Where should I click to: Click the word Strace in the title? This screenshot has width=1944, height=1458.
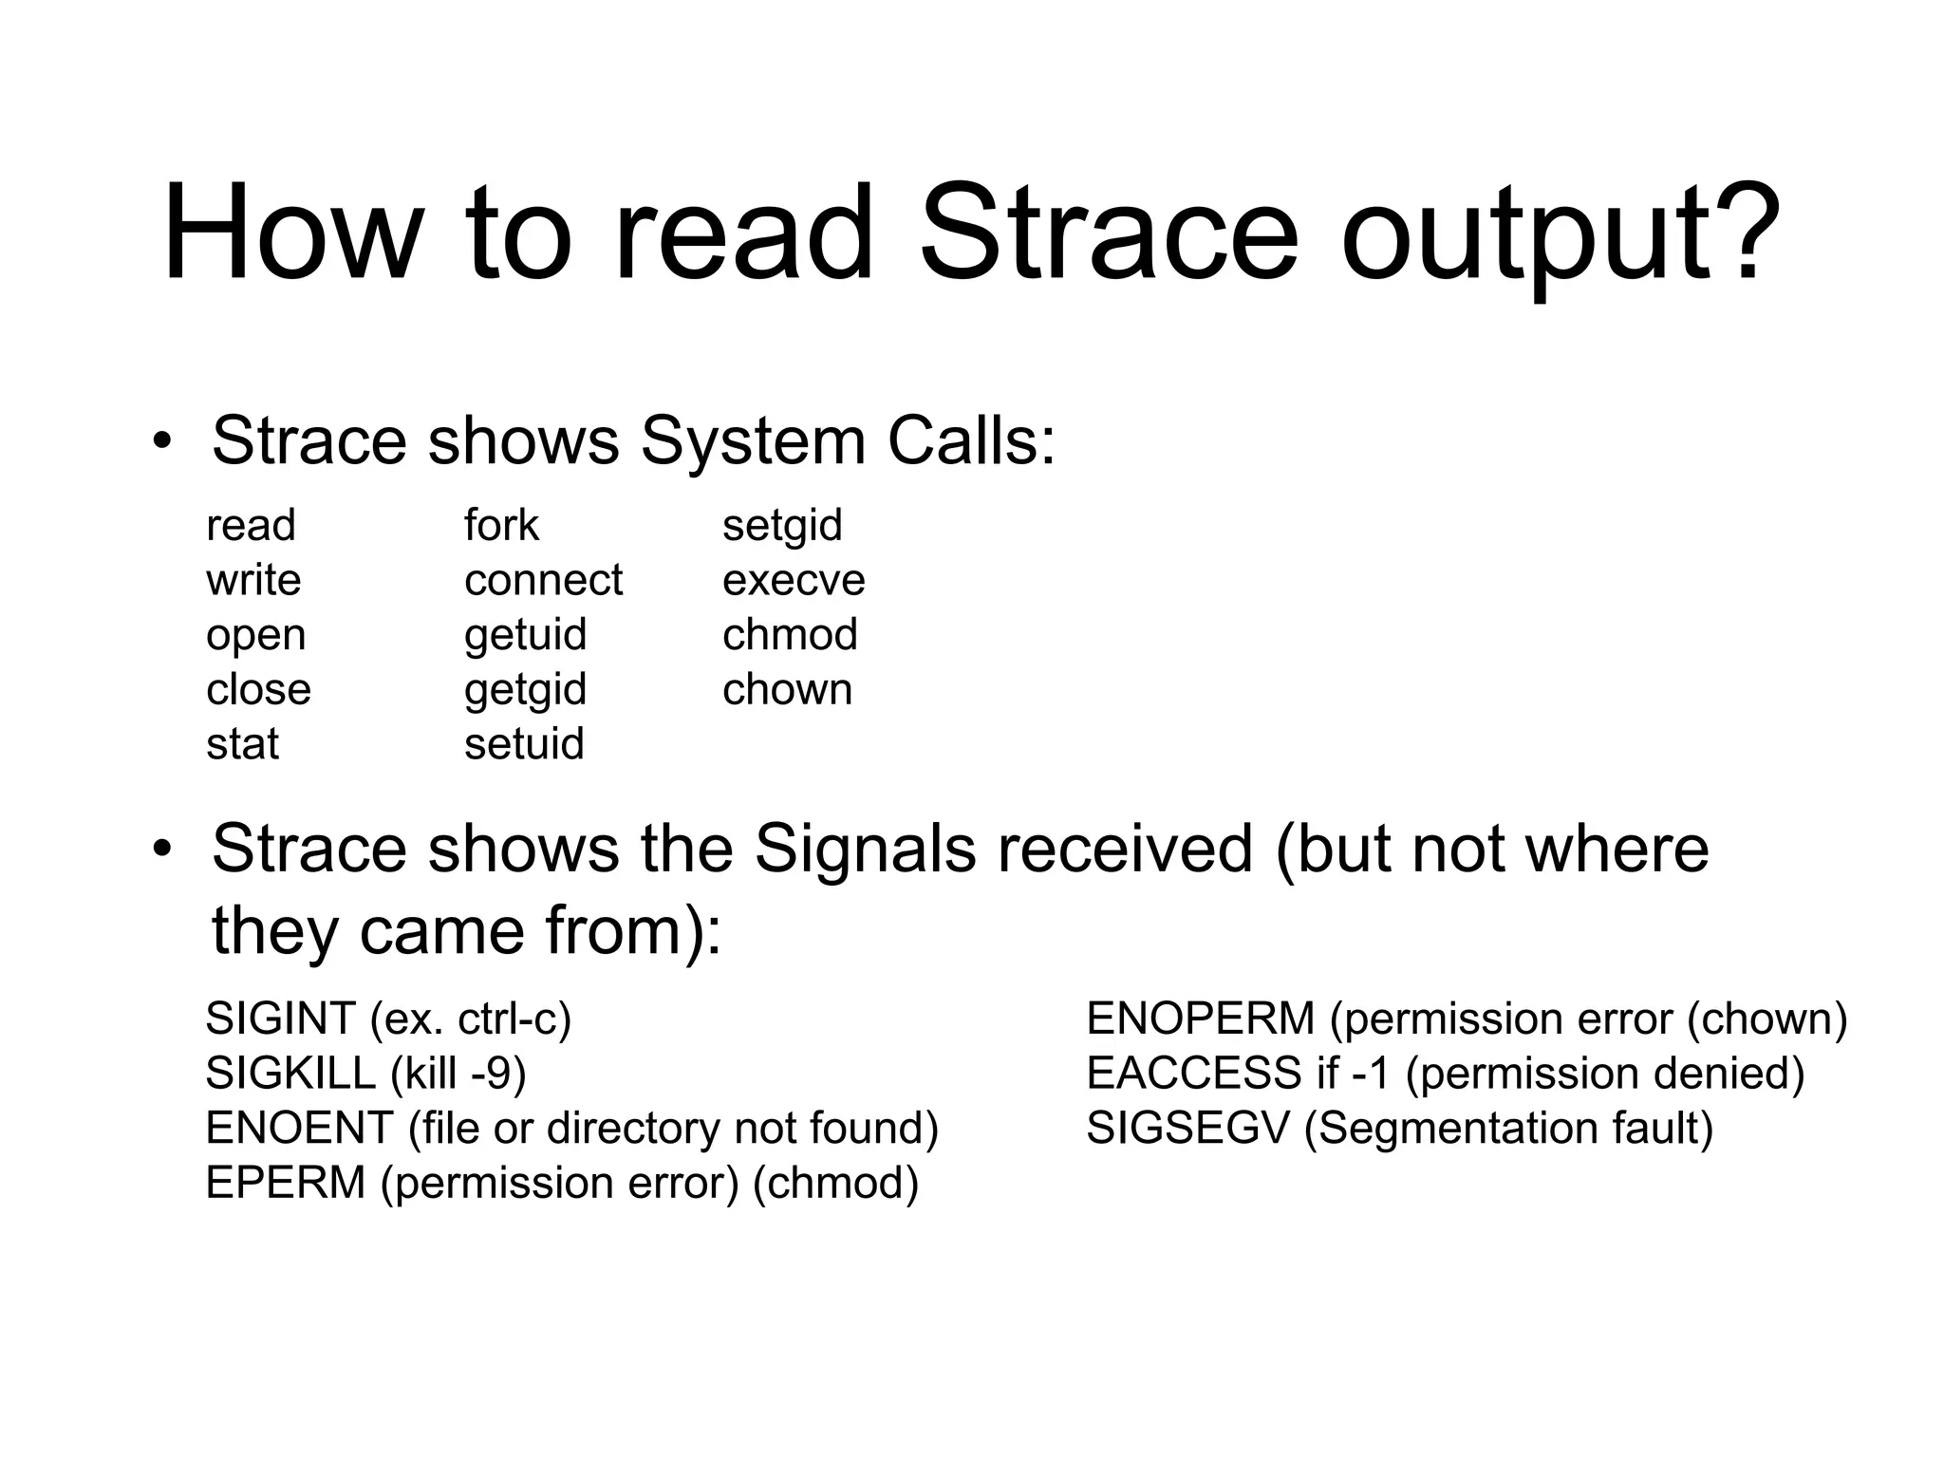1109,233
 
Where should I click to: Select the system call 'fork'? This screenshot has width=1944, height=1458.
501,525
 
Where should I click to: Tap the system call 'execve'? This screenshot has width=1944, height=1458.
794,580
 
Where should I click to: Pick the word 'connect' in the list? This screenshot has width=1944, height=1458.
543,580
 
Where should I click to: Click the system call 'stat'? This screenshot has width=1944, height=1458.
242,744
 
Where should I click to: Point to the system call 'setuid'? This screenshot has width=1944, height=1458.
524,744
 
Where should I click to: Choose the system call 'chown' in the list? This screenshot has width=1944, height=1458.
787,689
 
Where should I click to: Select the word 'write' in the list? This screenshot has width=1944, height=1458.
253,580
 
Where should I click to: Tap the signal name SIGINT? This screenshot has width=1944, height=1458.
280,1019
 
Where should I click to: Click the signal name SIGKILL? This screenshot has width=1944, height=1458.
290,1074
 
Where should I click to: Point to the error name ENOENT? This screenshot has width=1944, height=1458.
299,1129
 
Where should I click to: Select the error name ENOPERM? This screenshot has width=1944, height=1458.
1200,1019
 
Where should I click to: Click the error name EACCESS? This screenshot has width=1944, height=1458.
1193,1074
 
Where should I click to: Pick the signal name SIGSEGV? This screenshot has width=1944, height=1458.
1187,1129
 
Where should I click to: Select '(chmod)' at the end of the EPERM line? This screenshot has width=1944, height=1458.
835,1184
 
